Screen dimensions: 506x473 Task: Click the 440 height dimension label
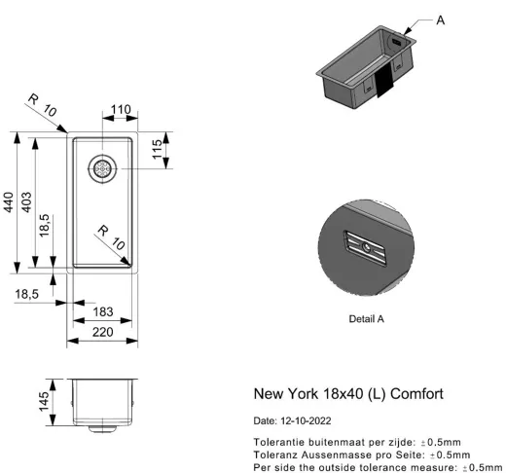[x=9, y=202]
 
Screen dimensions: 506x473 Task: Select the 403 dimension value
[x=26, y=202]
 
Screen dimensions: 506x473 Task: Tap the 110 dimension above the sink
[x=121, y=109]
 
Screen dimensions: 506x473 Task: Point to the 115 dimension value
[x=158, y=149]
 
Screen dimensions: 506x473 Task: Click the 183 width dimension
[x=103, y=311]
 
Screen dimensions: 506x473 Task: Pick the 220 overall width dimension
[x=102, y=332]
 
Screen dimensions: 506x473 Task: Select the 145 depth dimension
[x=44, y=402]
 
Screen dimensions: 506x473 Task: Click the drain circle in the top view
[x=102, y=168]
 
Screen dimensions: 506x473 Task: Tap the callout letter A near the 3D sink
[x=440, y=20]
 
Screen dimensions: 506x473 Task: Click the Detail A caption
[x=366, y=319]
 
